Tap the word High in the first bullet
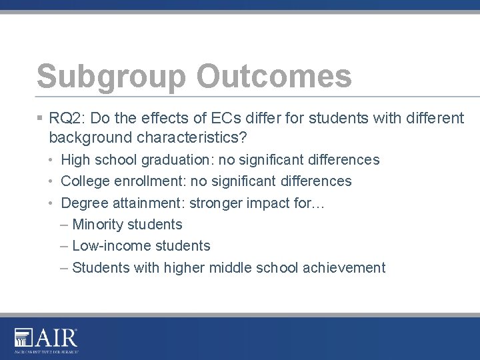coord(75,160)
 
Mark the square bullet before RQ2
coord(40,119)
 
